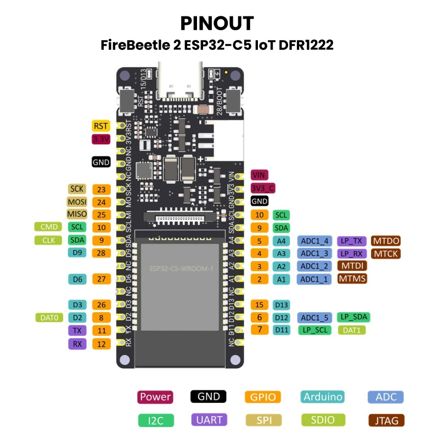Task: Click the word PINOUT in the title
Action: point(217,24)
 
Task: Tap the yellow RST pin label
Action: point(101,126)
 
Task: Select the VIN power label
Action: point(258,175)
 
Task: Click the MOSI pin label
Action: point(77,202)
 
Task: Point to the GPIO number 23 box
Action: point(101,189)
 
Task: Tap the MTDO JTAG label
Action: point(386,240)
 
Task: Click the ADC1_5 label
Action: point(315,317)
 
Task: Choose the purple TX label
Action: point(76,331)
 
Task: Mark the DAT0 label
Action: point(48,317)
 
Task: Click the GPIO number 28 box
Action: point(101,252)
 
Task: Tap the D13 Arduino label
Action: point(282,305)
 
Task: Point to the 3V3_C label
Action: point(263,188)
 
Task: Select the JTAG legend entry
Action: point(386,421)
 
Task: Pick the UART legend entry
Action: point(210,420)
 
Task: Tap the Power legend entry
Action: point(155,397)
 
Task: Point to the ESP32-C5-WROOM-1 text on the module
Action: point(181,268)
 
